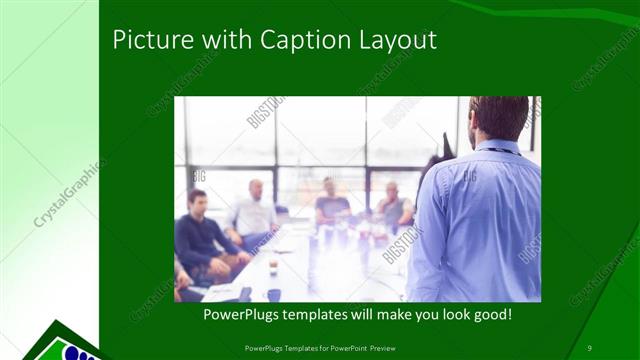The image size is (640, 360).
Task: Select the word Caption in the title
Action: click(x=304, y=41)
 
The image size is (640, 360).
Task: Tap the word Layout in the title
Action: click(x=397, y=41)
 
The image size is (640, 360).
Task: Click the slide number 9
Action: click(x=589, y=347)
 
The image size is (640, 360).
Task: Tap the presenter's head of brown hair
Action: click(x=499, y=115)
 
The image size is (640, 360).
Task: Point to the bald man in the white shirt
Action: click(x=254, y=210)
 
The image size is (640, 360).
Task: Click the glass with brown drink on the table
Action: click(x=273, y=266)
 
